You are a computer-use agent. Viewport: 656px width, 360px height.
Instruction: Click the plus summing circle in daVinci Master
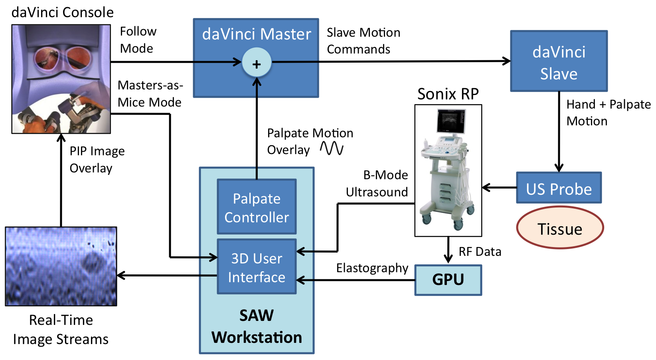click(257, 63)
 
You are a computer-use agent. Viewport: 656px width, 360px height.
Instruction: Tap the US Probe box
click(559, 188)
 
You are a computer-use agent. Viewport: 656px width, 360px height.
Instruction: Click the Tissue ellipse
click(560, 228)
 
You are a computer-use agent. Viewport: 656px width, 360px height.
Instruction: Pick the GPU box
click(448, 280)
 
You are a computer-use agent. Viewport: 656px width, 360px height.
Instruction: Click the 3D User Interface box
click(257, 267)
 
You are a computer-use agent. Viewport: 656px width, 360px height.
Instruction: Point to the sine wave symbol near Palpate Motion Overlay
click(332, 148)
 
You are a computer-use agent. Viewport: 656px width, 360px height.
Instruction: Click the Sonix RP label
click(448, 94)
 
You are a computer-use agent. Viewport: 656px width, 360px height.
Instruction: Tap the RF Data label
click(480, 252)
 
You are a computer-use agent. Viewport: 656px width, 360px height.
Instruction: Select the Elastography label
click(372, 268)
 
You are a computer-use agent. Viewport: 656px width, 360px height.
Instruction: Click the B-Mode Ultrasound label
click(377, 184)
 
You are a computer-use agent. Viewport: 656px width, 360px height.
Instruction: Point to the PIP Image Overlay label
click(97, 160)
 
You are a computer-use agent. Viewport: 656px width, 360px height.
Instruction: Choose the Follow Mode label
click(138, 40)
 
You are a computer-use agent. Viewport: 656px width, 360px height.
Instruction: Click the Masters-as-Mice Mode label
click(150, 94)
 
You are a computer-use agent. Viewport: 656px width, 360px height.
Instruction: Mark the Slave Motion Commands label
click(363, 41)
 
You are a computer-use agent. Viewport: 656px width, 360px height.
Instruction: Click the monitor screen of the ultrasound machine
click(451, 121)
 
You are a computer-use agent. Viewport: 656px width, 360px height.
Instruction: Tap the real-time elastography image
click(61, 266)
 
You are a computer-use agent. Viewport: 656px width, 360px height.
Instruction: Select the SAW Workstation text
click(257, 326)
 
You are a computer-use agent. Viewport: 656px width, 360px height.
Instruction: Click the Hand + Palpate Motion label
click(608, 113)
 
